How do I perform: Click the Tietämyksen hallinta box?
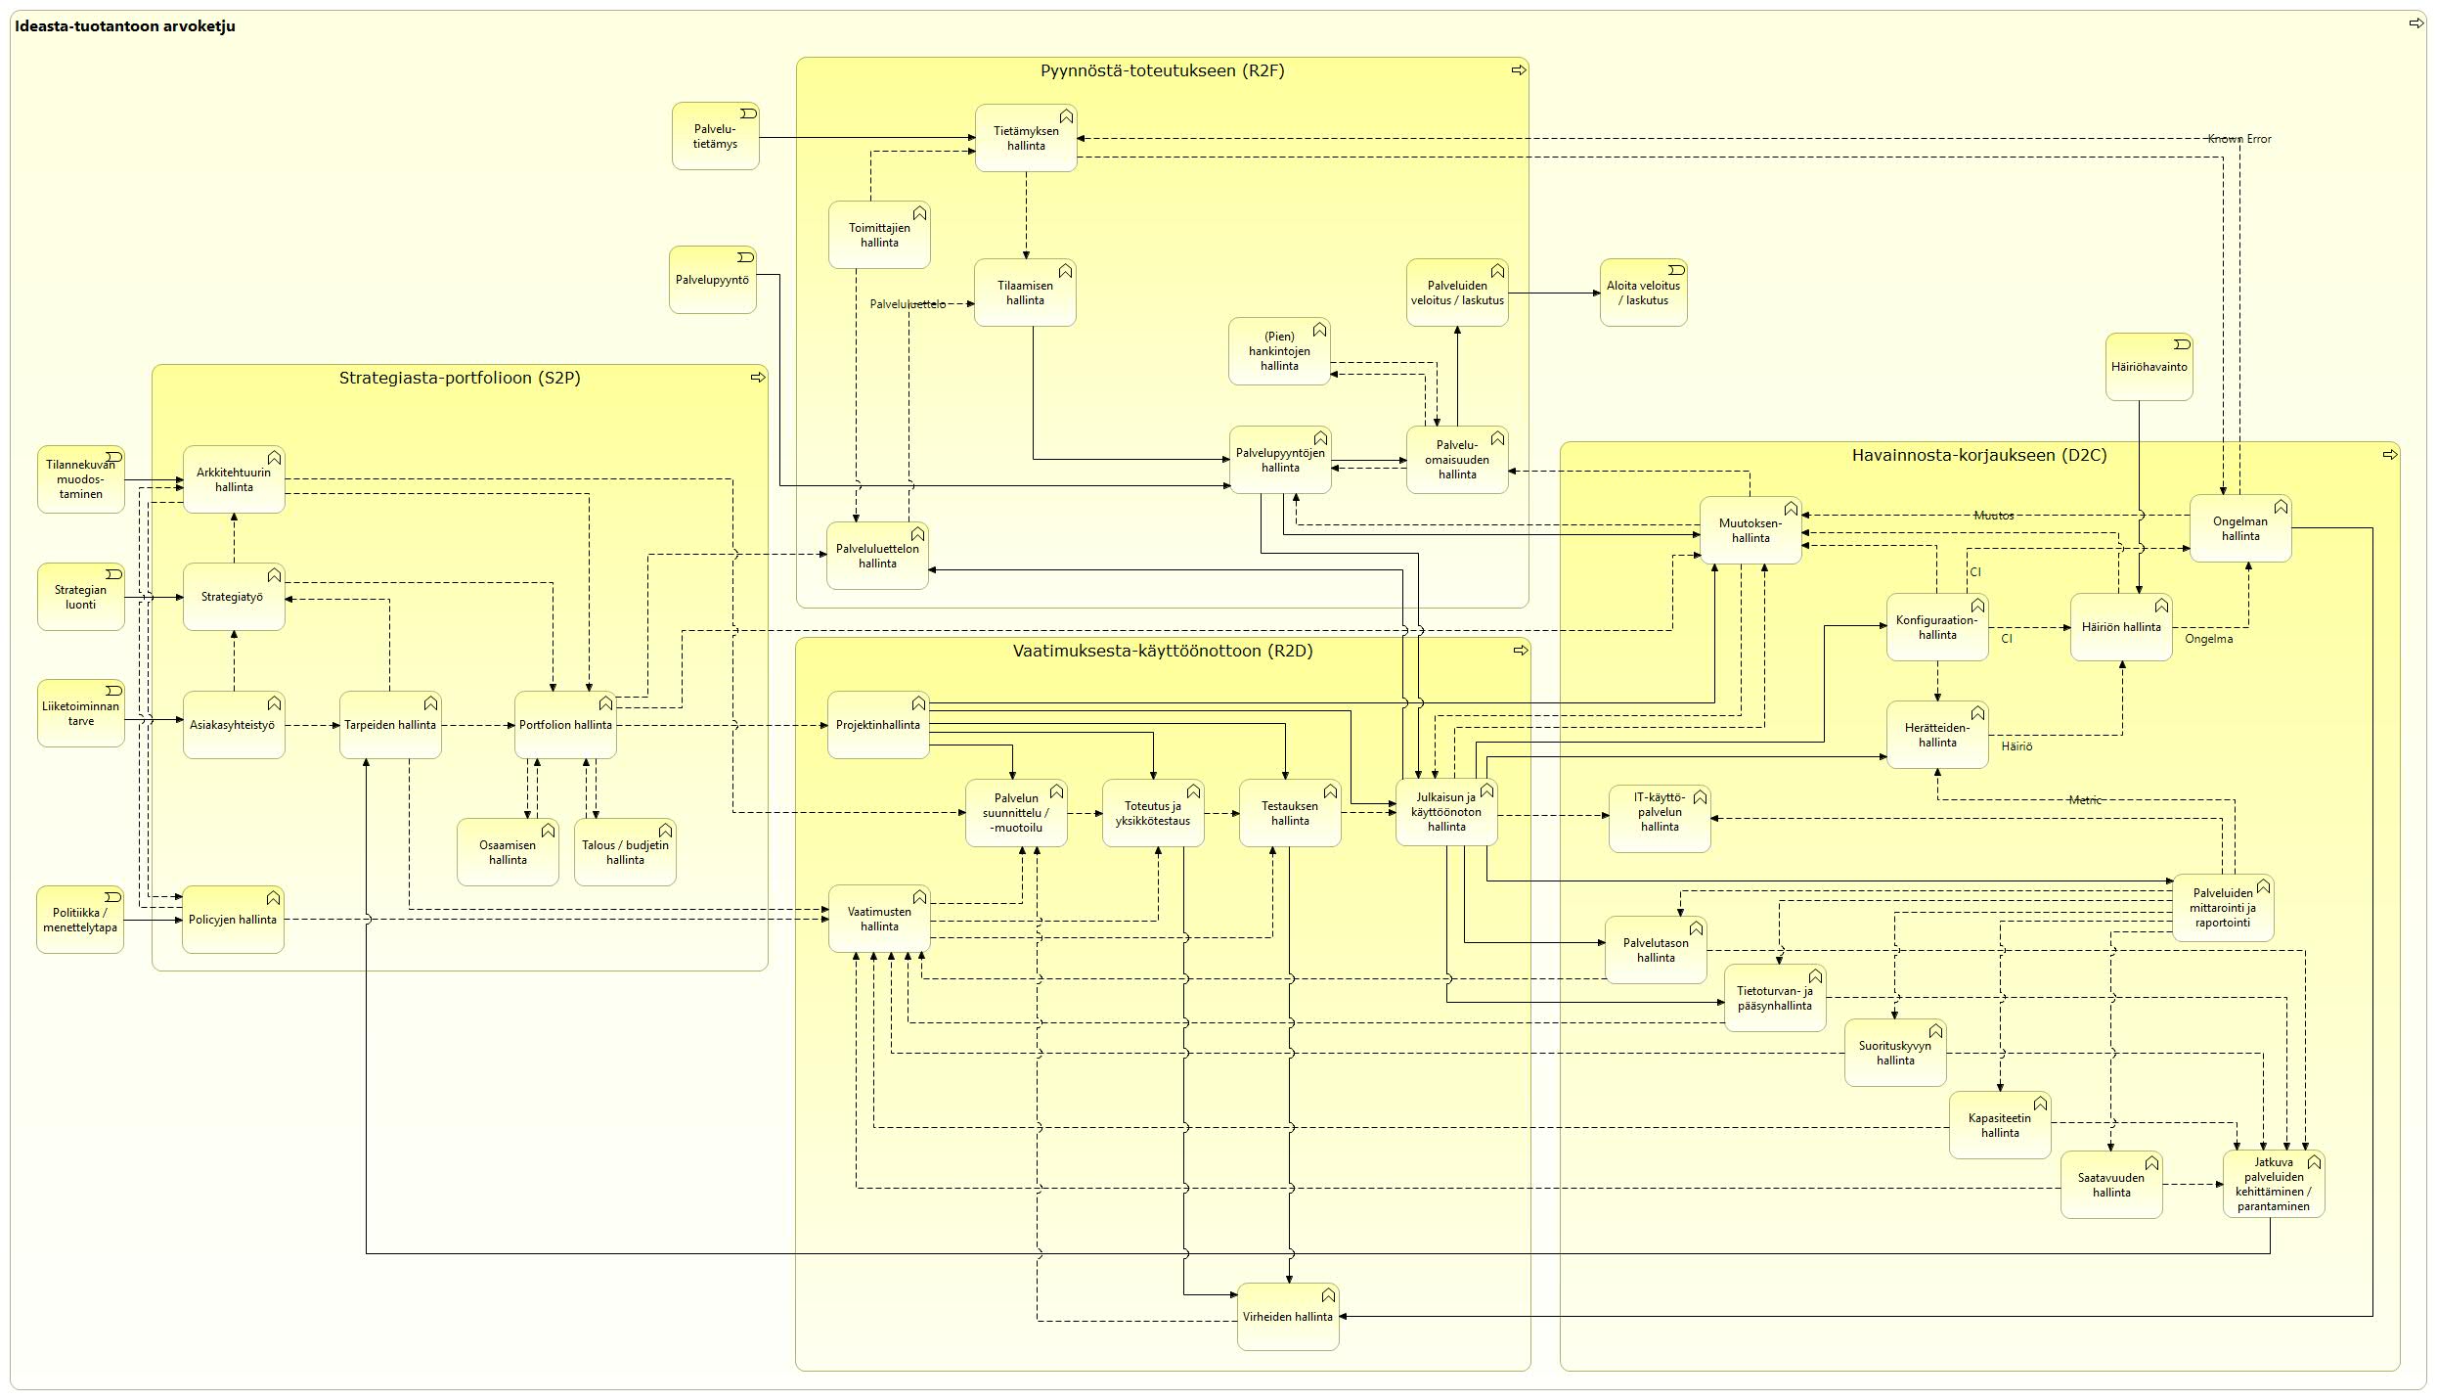(x=1026, y=138)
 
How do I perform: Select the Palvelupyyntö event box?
(x=713, y=280)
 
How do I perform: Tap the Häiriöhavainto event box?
(x=2149, y=367)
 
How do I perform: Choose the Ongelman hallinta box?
(x=2239, y=528)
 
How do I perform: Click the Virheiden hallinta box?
(x=1288, y=1317)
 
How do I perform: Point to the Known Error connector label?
(x=2239, y=139)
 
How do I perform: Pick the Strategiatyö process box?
(x=234, y=597)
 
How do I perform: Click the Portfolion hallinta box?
(x=566, y=725)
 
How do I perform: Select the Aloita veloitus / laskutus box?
(x=1643, y=293)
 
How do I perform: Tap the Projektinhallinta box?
(x=878, y=725)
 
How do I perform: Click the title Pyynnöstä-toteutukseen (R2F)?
(x=1162, y=70)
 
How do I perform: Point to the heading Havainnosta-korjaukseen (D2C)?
(x=1979, y=455)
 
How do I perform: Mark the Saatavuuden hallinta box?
(x=2111, y=1185)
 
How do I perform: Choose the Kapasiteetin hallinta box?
(x=2000, y=1125)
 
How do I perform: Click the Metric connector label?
(x=2085, y=800)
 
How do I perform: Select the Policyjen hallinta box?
(x=234, y=920)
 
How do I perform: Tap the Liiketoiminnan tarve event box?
(x=81, y=713)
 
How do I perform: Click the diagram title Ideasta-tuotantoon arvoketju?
(x=125, y=26)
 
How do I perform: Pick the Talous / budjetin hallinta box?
(x=625, y=852)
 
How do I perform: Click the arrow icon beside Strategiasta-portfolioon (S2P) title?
(x=758, y=378)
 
